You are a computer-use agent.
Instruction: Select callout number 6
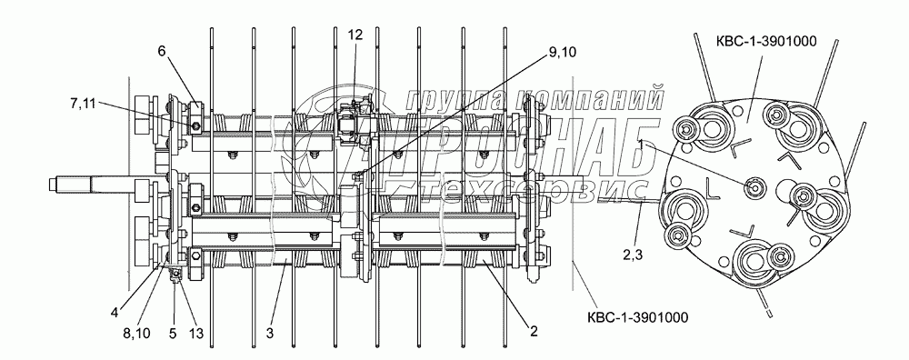coord(161,51)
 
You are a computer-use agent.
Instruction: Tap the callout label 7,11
coord(83,104)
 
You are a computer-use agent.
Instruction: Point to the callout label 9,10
coord(561,52)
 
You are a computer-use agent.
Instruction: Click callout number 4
coord(115,312)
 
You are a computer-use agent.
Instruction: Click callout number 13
coord(196,334)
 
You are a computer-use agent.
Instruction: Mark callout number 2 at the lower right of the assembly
coord(534,331)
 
